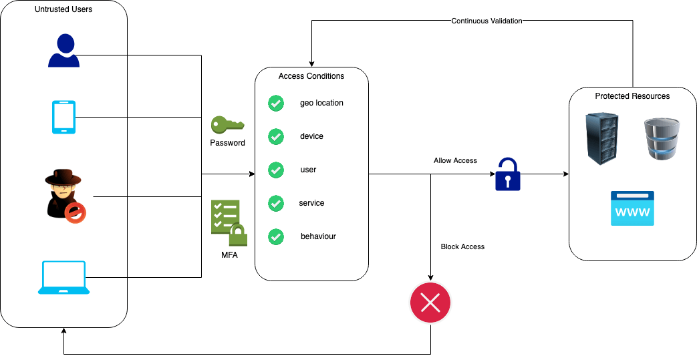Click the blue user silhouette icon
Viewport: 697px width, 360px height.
click(63, 51)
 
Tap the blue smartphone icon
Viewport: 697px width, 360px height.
click(63, 117)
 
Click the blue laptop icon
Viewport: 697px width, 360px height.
click(63, 278)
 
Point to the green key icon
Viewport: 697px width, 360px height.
click(227, 125)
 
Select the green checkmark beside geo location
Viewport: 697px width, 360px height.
click(276, 104)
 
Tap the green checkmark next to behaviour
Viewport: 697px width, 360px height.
click(276, 236)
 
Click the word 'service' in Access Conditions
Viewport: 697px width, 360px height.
click(311, 203)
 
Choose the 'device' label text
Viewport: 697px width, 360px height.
click(311, 136)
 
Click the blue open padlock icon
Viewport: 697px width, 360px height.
click(507, 174)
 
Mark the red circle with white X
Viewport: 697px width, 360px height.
click(430, 304)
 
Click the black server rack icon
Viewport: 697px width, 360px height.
click(601, 139)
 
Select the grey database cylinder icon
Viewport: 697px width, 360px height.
click(661, 138)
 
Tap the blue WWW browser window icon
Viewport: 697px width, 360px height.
click(632, 208)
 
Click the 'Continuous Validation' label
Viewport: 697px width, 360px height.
click(486, 21)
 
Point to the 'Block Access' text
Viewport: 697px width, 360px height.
click(462, 246)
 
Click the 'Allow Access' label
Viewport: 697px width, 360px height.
click(455, 160)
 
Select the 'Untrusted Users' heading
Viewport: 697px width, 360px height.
click(63, 9)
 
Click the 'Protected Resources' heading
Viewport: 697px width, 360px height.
click(632, 96)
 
